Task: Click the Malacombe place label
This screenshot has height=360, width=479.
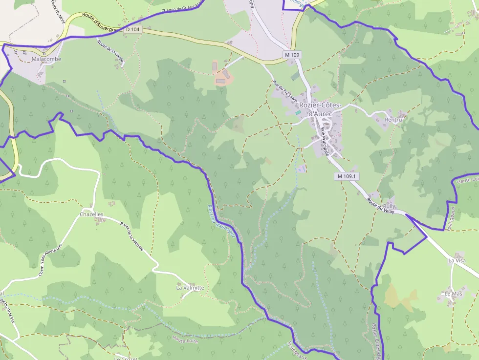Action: click(x=46, y=59)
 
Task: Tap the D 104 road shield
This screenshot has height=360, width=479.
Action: click(x=132, y=29)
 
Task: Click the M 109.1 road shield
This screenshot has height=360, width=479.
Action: click(x=347, y=176)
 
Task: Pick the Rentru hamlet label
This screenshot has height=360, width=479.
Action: click(x=393, y=120)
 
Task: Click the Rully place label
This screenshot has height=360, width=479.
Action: click(x=390, y=206)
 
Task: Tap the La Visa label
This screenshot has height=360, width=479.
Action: click(x=457, y=261)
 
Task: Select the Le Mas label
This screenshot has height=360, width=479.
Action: click(x=453, y=294)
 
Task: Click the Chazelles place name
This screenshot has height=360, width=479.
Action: click(x=91, y=214)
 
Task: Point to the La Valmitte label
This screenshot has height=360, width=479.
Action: click(x=190, y=288)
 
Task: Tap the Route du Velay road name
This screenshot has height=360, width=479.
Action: click(x=380, y=204)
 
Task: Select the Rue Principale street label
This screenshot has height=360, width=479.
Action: click(x=326, y=140)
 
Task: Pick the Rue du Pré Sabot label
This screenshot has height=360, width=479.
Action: click(x=286, y=91)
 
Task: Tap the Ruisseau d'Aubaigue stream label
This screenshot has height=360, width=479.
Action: click(x=223, y=222)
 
